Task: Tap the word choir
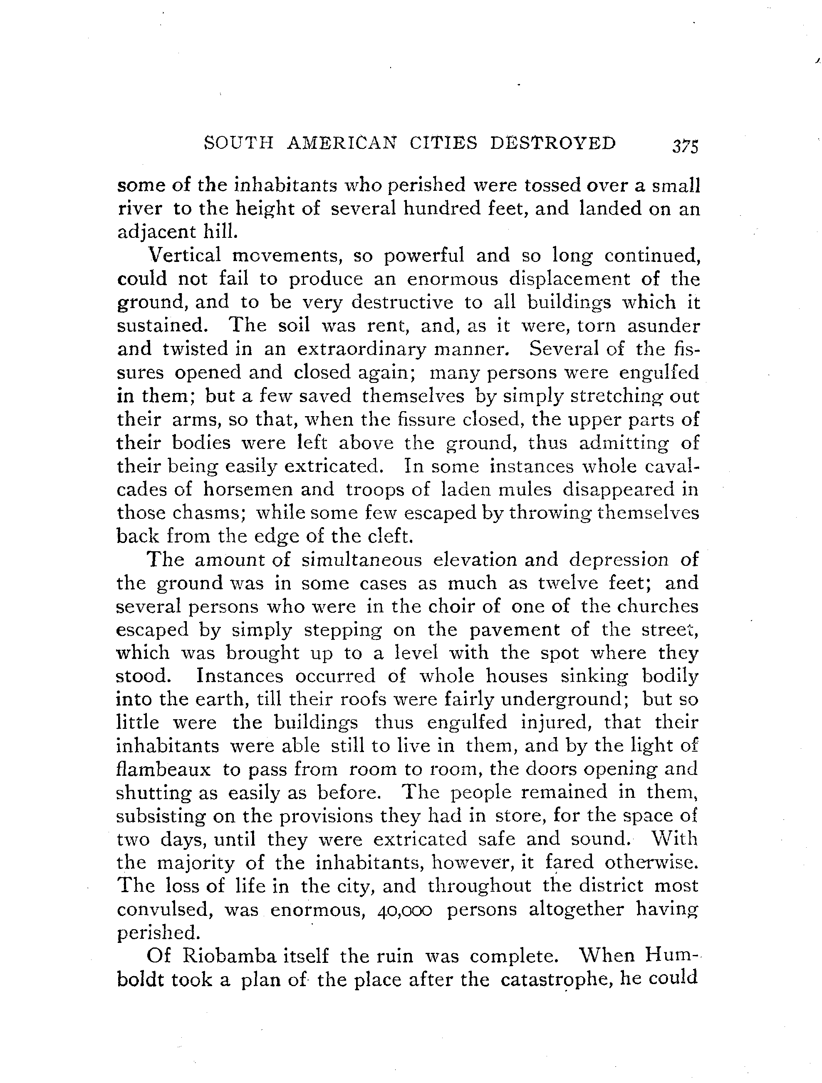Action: pos(449,607)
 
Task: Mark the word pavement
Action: pos(505,629)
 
